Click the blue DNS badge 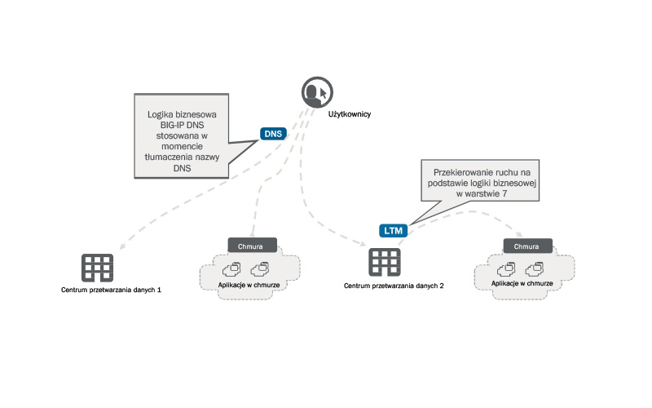click(x=272, y=133)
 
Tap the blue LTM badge click(x=392, y=231)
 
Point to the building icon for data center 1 click(x=97, y=267)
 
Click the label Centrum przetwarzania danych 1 click(x=111, y=290)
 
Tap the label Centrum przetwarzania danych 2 click(x=394, y=286)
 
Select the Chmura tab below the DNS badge click(x=252, y=246)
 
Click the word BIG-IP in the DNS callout click(x=161, y=126)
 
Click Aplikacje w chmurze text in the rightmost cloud click(x=522, y=283)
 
